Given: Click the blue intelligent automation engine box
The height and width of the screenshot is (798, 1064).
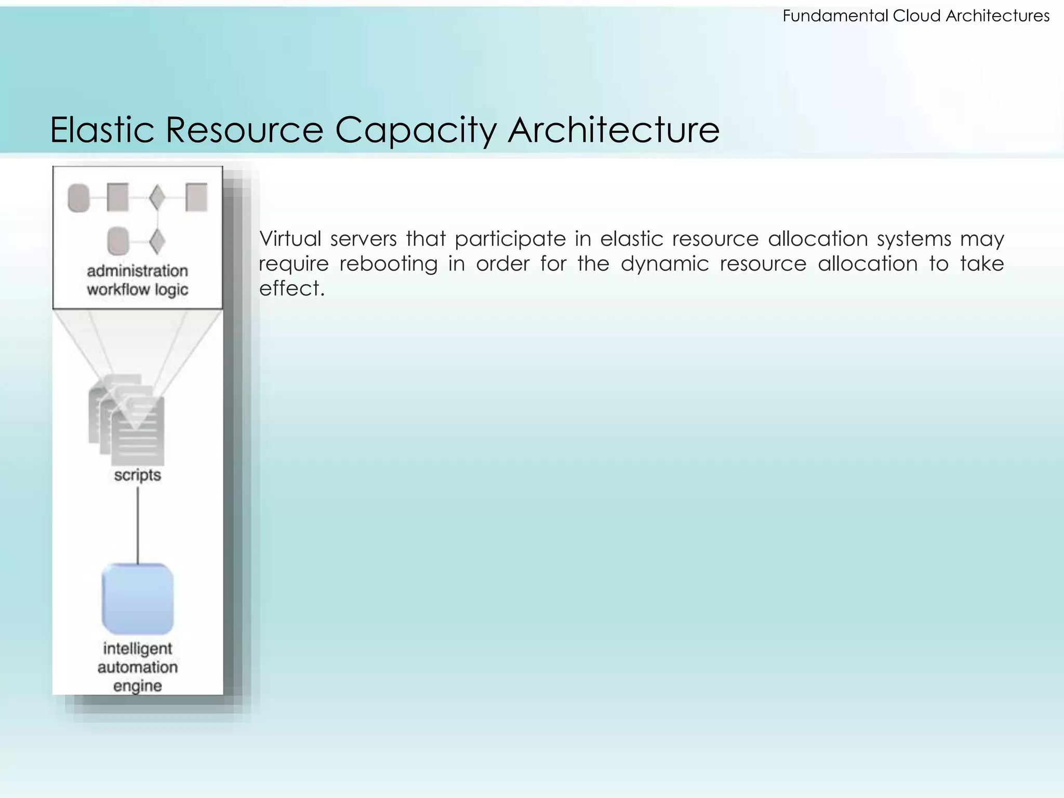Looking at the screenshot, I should pos(138,598).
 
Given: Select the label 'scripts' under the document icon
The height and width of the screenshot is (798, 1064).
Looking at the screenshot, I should pos(138,475).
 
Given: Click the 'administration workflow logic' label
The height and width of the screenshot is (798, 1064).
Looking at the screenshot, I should pos(138,280).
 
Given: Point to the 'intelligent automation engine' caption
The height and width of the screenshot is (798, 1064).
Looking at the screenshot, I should pos(138,667).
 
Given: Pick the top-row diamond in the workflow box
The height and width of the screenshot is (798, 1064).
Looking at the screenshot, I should pos(157,198).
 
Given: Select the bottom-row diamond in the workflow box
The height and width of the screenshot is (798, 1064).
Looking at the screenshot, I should pos(157,241).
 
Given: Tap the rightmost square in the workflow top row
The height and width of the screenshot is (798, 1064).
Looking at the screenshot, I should pos(196,197).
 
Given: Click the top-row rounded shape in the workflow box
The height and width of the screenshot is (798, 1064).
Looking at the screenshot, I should pos(79,198).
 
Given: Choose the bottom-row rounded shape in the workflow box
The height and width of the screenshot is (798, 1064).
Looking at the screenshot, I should pos(118,241).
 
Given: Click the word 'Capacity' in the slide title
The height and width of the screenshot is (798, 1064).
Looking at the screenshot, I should pos(416,130).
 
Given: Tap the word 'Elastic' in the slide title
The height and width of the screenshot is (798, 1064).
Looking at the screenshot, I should pos(102,130).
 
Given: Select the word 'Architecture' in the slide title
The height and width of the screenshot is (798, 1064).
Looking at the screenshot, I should pos(614,130).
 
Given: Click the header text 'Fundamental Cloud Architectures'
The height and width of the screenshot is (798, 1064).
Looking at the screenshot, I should pos(916,16).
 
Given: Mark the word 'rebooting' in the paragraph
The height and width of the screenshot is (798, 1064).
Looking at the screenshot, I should pos(389,264).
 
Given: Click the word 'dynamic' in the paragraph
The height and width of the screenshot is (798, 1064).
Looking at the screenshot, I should pos(664,264).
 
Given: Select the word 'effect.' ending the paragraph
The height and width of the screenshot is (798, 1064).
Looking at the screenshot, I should pos(292,289).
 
